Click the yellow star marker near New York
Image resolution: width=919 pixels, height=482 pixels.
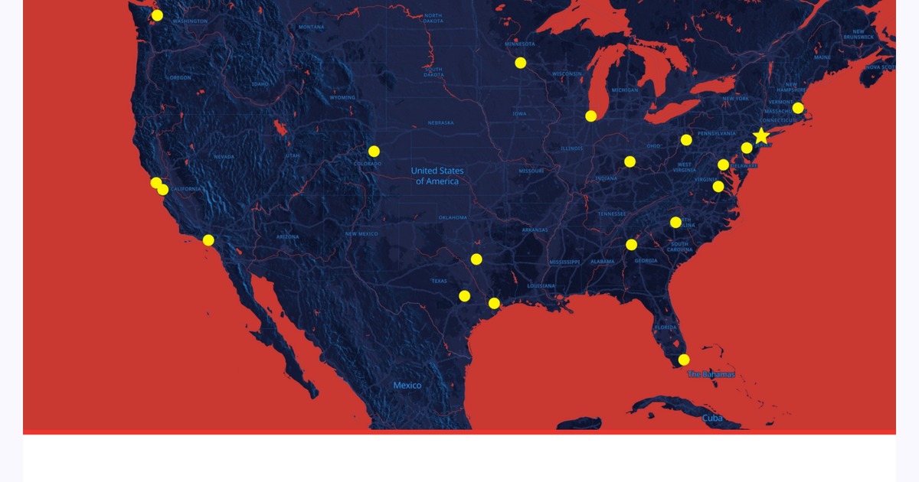760,136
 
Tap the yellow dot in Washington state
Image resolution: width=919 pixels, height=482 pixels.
157,15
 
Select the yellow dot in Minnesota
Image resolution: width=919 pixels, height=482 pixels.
521,63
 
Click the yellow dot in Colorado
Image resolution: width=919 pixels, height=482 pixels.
374,151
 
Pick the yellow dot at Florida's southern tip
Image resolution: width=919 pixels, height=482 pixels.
684,360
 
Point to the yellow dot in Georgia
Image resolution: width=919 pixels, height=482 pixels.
631,245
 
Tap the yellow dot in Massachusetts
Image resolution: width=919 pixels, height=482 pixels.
798,108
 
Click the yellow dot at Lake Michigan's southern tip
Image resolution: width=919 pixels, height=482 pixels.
591,116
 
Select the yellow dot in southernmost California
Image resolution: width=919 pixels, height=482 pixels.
208,240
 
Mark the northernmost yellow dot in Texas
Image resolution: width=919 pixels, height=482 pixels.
476,259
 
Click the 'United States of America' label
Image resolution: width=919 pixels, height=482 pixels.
437,176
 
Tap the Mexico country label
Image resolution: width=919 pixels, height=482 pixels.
407,386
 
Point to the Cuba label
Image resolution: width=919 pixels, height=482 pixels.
712,418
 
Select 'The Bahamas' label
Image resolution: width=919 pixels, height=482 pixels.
711,374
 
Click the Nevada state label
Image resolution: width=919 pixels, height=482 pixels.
224,157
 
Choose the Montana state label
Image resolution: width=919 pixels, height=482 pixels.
311,27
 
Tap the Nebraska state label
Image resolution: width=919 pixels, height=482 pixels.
440,122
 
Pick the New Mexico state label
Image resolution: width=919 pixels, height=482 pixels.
361,233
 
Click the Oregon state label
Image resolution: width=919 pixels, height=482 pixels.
181,77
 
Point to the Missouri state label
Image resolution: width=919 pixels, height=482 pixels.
531,171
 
